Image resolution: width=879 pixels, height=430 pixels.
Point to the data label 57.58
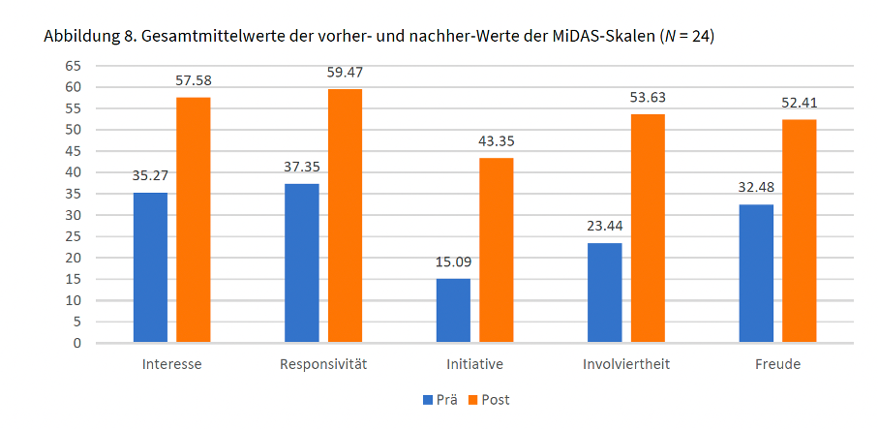pos(194,80)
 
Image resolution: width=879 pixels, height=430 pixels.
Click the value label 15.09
pos(453,261)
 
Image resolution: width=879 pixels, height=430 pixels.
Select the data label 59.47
pos(345,72)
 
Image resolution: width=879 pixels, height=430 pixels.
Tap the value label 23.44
pos(605,226)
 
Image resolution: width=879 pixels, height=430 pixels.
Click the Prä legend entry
pos(440,399)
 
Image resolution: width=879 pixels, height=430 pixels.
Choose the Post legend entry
pos(489,399)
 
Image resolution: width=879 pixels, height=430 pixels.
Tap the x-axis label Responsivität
pos(323,365)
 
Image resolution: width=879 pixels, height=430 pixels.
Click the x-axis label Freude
pos(777,365)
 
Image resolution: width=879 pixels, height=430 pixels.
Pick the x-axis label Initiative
pos(474,365)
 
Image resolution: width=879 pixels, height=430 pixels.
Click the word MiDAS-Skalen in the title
pos(607,38)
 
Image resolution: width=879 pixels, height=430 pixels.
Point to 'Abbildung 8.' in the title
pos(86,38)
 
